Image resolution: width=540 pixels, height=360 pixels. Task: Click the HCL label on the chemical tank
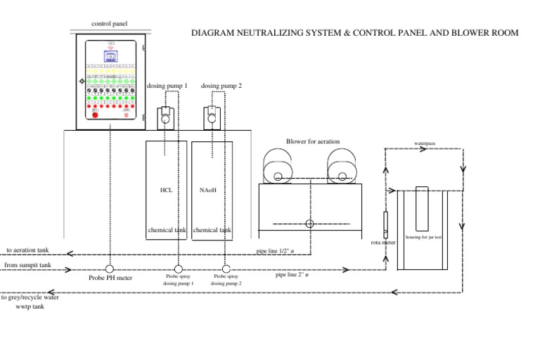click(x=166, y=190)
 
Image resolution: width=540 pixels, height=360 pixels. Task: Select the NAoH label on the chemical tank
click(x=208, y=190)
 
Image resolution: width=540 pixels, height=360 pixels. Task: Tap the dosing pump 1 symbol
click(x=165, y=117)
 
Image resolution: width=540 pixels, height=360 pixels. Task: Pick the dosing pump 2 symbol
click(x=211, y=117)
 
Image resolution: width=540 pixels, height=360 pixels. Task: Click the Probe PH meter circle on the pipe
click(x=110, y=269)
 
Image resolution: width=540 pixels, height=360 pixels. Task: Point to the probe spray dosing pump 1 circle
click(x=178, y=269)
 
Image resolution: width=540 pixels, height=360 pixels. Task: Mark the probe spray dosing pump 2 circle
click(x=226, y=269)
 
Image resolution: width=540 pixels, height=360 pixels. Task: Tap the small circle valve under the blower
click(x=309, y=224)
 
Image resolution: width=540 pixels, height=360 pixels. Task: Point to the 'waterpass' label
click(x=425, y=143)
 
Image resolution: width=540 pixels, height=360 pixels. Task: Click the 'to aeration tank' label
click(x=27, y=250)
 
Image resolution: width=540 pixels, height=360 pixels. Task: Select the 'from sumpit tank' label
click(x=27, y=265)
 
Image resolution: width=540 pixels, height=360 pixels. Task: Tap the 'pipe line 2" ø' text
click(x=292, y=275)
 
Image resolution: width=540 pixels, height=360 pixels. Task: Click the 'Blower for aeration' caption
click(x=313, y=141)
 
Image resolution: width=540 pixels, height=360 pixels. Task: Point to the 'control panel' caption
click(x=110, y=24)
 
